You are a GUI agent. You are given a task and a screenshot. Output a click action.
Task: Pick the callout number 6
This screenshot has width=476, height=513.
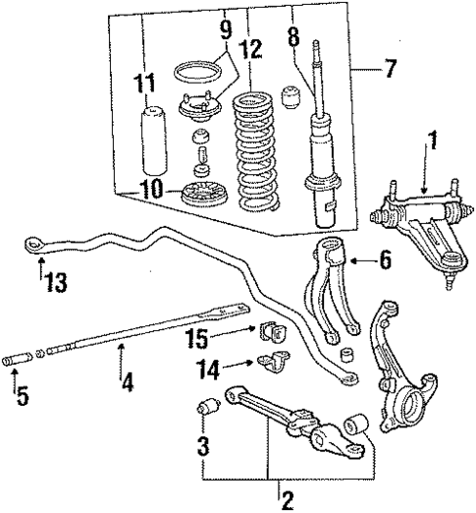[383, 261]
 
